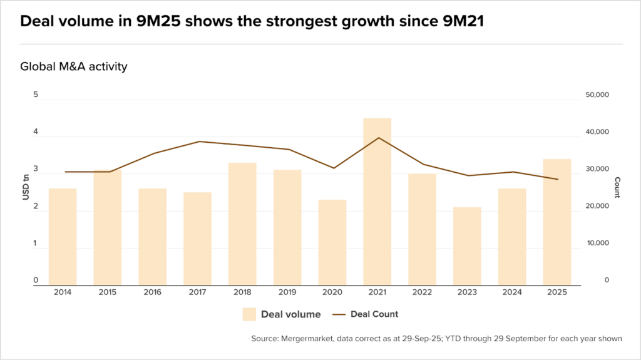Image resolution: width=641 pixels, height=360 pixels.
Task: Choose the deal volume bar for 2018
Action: pyautogui.click(x=242, y=224)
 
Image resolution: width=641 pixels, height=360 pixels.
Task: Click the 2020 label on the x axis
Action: pyautogui.click(x=332, y=292)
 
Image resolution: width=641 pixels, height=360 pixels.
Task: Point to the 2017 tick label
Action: pyautogui.click(x=197, y=292)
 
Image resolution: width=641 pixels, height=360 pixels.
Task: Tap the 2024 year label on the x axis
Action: pyautogui.click(x=512, y=292)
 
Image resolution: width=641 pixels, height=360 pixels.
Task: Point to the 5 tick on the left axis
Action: pyautogui.click(x=36, y=95)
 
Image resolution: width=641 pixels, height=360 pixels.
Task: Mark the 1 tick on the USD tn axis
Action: pyautogui.click(x=36, y=244)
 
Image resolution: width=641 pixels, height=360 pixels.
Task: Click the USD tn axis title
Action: pyautogui.click(x=26, y=188)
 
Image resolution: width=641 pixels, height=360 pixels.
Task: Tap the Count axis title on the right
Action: pyautogui.click(x=617, y=188)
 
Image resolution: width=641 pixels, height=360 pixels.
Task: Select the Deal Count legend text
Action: pyautogui.click(x=374, y=314)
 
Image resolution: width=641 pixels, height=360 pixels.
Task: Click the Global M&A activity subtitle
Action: pyautogui.click(x=74, y=66)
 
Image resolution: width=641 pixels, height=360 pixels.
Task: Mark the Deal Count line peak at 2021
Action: pyautogui.click(x=377, y=138)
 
